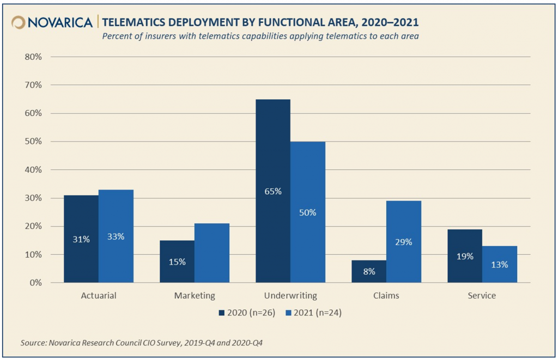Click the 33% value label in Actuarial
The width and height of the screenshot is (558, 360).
[116, 237]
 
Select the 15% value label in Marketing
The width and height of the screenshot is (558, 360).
[177, 262]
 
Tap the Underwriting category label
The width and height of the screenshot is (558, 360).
[290, 296]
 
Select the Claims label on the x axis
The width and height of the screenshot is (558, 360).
[386, 296]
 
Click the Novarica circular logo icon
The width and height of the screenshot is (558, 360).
[19, 22]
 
